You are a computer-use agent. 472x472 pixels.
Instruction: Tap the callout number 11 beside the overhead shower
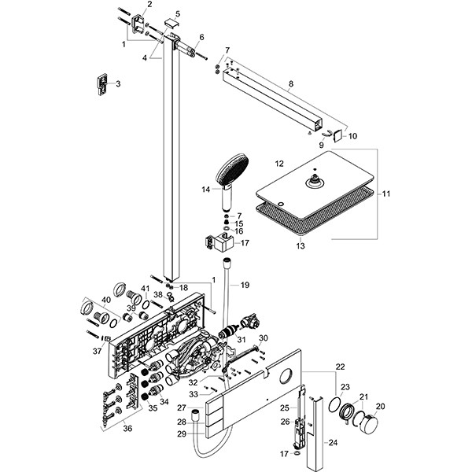click(385, 193)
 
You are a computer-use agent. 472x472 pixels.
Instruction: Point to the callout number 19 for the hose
click(245, 285)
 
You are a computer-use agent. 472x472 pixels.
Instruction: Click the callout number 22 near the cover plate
click(340, 367)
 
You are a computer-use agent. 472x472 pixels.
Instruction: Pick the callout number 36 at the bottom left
click(127, 428)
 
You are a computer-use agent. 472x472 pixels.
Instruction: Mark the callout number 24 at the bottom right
click(333, 443)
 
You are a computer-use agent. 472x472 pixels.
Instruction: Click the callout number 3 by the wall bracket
click(118, 83)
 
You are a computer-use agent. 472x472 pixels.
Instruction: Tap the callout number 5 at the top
click(177, 14)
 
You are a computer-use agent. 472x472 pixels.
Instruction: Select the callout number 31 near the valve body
click(253, 339)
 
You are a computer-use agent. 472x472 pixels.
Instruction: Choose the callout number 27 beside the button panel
click(181, 407)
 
